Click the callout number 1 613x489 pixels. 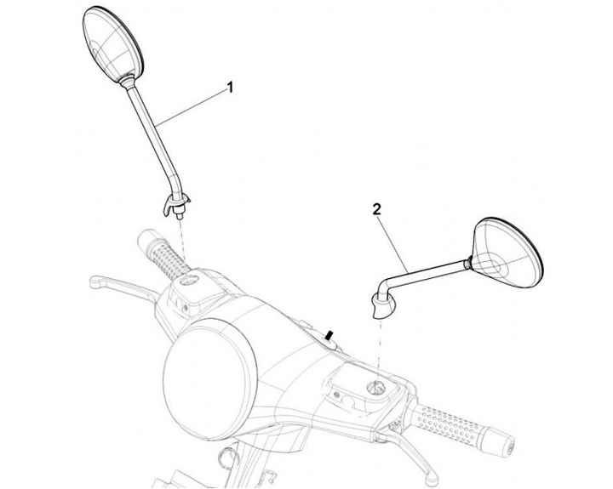pyautogui.click(x=229, y=87)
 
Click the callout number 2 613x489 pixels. pyautogui.click(x=375, y=208)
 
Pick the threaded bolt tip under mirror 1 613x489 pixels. pyautogui.click(x=182, y=217)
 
